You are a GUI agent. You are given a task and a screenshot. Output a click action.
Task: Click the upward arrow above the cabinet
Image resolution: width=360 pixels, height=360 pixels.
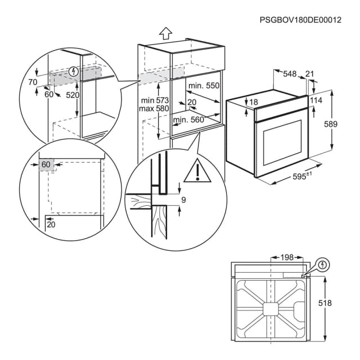[165, 33]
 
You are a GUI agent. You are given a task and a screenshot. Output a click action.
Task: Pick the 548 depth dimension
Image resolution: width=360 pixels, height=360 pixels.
[290, 73]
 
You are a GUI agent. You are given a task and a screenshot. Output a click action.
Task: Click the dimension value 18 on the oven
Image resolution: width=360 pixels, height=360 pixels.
[253, 102]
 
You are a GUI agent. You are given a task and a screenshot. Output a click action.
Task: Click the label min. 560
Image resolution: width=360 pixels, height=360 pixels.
[188, 120]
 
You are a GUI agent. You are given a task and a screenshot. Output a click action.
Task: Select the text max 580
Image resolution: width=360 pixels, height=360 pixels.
[155, 107]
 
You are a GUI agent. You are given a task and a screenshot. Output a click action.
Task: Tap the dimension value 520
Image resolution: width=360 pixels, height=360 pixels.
[73, 95]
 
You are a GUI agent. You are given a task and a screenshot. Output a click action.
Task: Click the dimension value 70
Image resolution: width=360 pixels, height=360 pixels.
[32, 82]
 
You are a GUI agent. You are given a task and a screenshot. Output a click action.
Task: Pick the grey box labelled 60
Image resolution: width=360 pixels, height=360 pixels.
[46, 164]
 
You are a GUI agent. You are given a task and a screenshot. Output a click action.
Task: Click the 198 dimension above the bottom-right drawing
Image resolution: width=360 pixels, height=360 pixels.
[286, 258]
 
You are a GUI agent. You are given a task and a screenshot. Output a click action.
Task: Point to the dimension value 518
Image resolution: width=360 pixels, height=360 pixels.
[340, 303]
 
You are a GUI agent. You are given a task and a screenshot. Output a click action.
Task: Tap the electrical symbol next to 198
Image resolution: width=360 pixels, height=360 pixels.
[322, 264]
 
